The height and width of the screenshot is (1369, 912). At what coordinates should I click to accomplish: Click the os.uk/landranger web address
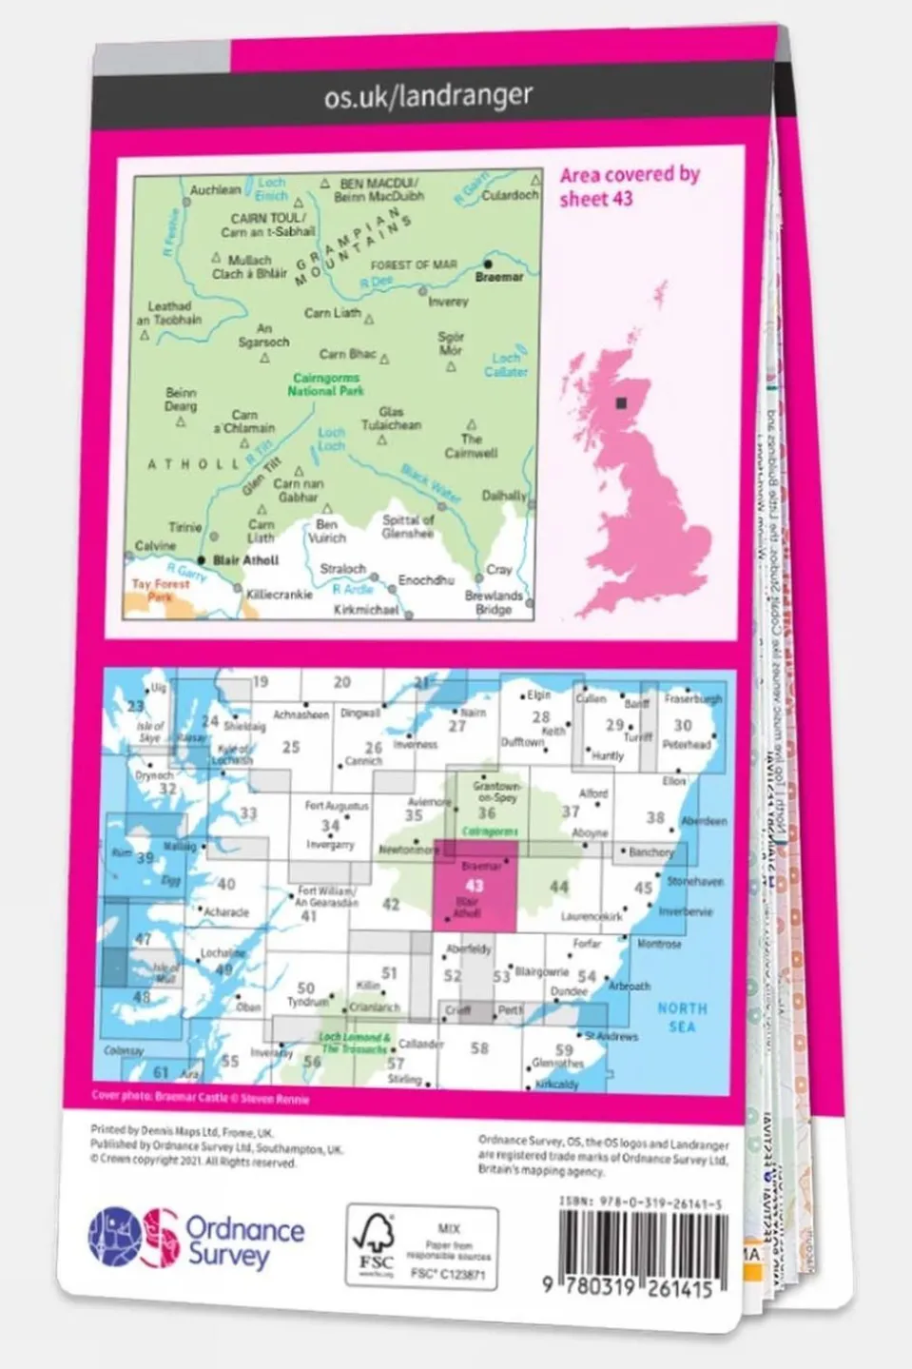click(428, 96)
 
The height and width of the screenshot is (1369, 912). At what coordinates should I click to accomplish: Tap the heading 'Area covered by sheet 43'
click(629, 186)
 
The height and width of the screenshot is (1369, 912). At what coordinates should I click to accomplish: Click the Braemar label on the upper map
click(498, 277)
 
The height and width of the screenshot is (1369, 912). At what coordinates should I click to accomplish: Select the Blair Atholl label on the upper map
click(245, 560)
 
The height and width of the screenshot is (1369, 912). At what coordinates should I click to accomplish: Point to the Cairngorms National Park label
click(326, 384)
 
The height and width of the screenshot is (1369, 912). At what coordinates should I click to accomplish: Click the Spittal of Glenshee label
click(408, 526)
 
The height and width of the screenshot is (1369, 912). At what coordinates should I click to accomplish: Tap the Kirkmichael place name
click(366, 609)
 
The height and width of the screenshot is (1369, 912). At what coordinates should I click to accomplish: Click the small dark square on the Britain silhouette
click(623, 402)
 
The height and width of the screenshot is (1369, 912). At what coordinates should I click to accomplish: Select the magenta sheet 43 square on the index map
click(475, 886)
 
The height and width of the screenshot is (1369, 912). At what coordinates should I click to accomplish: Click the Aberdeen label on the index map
click(704, 821)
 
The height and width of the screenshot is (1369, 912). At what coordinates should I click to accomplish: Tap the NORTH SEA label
click(682, 1016)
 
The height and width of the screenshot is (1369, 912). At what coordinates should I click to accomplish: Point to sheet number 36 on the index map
click(487, 812)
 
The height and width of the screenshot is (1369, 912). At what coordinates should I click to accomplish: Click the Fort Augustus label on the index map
click(336, 806)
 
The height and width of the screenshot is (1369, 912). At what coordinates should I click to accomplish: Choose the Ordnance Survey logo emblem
click(133, 1237)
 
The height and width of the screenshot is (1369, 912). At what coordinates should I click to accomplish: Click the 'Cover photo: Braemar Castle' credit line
click(200, 1097)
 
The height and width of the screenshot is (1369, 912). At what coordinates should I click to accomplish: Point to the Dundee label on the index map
click(569, 991)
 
